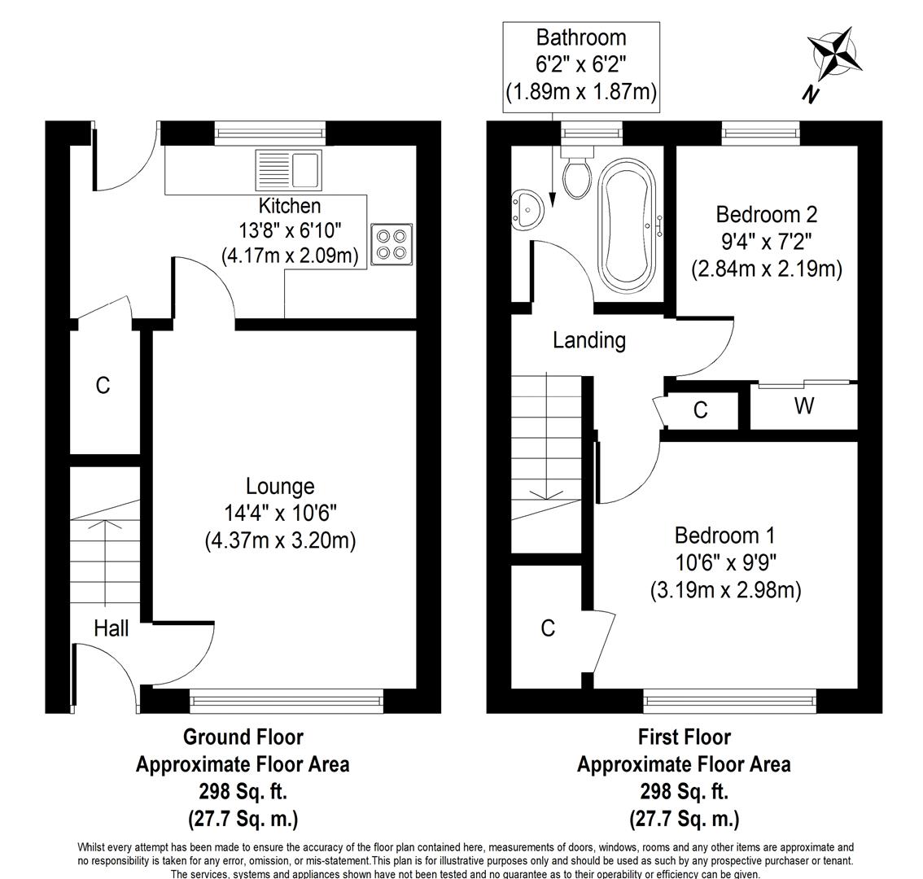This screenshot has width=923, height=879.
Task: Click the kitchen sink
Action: click(x=288, y=169)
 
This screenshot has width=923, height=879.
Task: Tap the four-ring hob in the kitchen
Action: click(x=392, y=244)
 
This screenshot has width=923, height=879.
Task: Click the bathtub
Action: click(x=627, y=225)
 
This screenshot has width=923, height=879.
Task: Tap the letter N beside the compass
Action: click(x=811, y=94)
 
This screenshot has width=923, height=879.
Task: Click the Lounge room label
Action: click(x=280, y=487)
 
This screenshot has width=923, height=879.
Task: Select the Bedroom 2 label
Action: click(x=767, y=214)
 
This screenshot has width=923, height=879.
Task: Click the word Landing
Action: click(x=589, y=340)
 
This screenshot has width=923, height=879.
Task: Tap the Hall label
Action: click(x=112, y=628)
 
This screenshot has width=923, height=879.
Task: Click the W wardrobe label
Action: click(x=804, y=405)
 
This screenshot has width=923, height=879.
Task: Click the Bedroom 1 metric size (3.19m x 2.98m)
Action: click(x=726, y=590)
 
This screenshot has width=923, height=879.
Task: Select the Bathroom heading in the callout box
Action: click(x=581, y=37)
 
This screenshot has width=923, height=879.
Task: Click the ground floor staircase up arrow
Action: click(x=105, y=563)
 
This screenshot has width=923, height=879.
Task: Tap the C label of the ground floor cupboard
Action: click(x=103, y=386)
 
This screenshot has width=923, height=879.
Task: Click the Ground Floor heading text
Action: click(x=243, y=737)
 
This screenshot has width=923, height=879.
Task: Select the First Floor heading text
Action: click(x=685, y=737)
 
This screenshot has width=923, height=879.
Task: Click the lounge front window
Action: click(x=287, y=701)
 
